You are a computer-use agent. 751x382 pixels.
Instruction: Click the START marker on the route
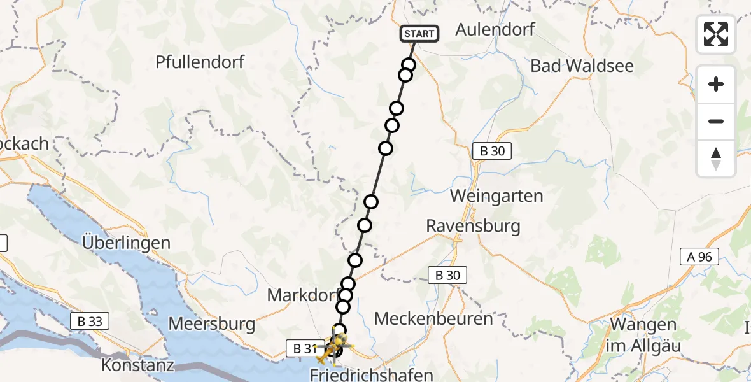click(x=419, y=34)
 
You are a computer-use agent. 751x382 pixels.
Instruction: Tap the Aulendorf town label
click(x=495, y=29)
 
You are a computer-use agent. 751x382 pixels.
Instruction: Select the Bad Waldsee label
click(x=582, y=65)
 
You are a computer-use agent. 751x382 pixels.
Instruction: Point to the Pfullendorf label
click(x=200, y=62)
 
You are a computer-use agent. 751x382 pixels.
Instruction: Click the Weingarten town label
click(x=496, y=196)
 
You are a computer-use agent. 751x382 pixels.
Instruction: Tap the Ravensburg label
click(x=473, y=225)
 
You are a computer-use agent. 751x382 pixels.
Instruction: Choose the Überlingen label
click(x=126, y=243)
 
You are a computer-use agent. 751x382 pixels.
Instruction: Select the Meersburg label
click(x=212, y=323)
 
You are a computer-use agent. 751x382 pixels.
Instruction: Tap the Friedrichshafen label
click(x=372, y=374)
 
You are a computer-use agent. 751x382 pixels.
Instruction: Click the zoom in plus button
click(x=716, y=84)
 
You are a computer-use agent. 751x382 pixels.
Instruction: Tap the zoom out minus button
click(x=716, y=121)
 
